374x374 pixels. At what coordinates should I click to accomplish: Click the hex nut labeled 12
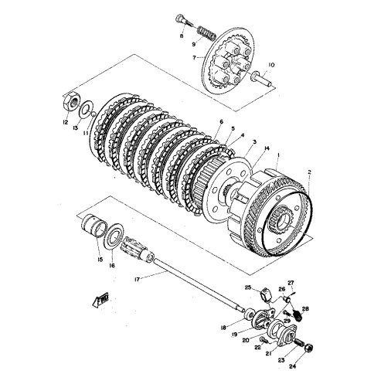[x=67, y=100]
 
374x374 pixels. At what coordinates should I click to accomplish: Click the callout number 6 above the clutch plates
[x=221, y=122]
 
